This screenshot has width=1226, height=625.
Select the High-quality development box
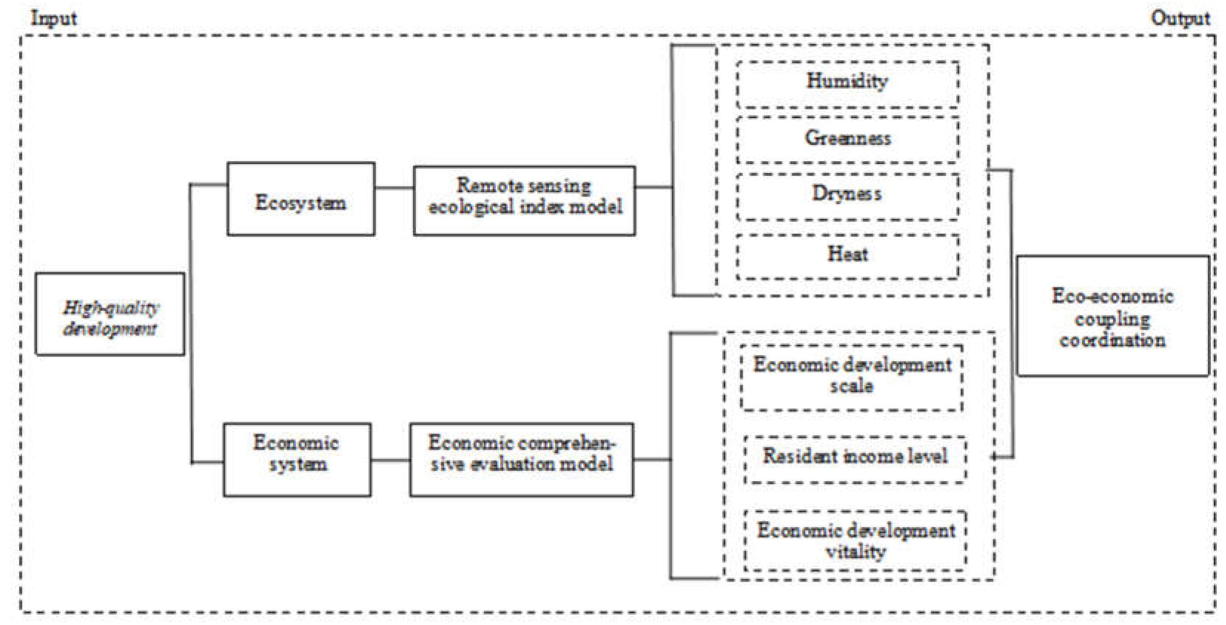(110, 314)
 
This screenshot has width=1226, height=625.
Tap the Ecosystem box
(301, 199)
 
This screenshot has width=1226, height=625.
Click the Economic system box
(297, 460)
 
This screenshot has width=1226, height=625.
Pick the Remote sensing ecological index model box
(524, 201)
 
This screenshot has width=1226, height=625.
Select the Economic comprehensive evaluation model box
(522, 460)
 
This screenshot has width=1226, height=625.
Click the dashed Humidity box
(847, 84)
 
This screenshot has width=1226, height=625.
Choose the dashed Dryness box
(847, 196)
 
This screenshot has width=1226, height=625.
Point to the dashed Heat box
(847, 256)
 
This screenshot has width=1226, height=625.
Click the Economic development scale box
(851, 377)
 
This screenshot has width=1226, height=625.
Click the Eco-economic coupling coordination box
(1113, 316)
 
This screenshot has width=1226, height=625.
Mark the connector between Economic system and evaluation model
(390, 460)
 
